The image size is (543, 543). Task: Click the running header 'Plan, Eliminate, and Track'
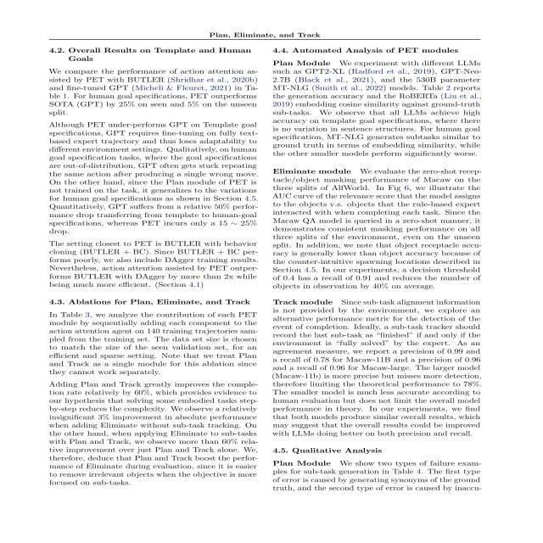271,34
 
